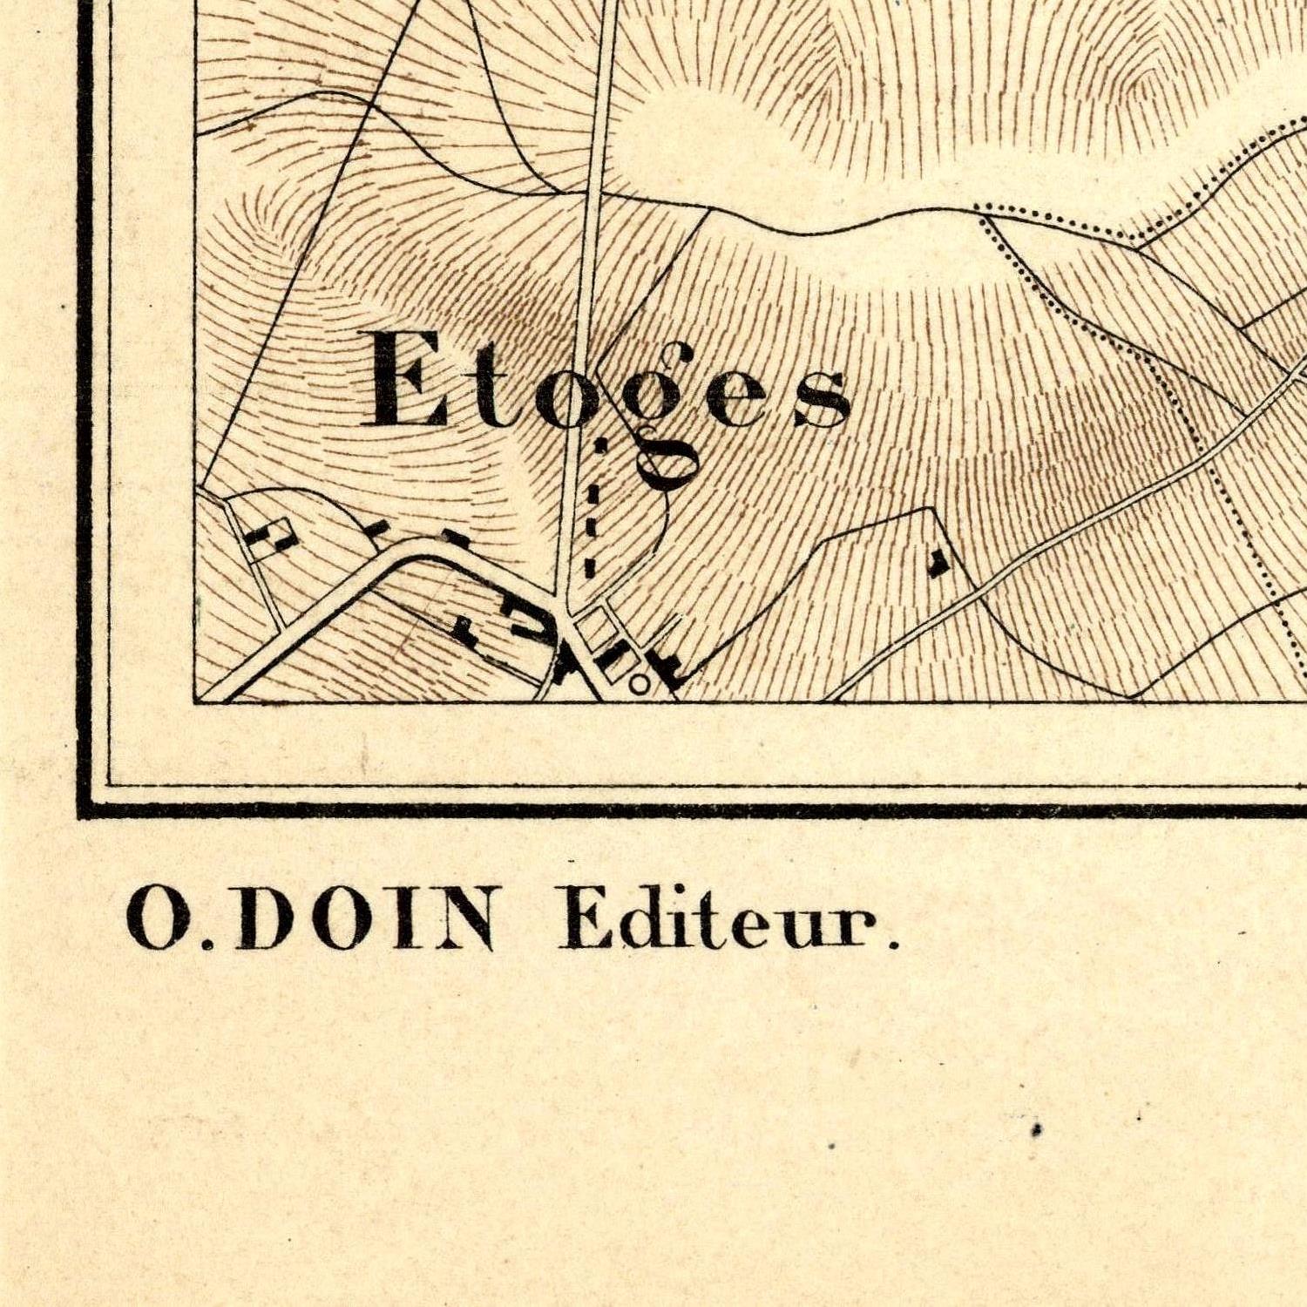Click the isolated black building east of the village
(x=938, y=562)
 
